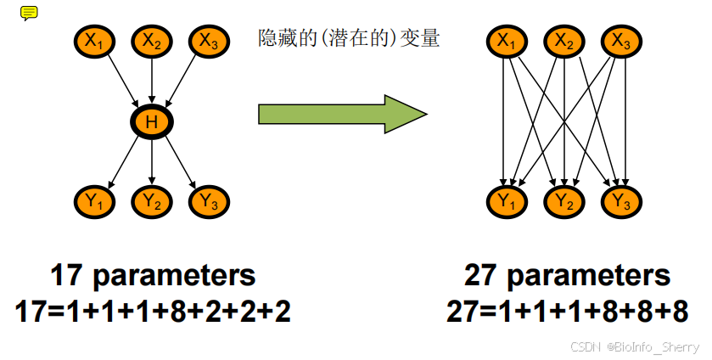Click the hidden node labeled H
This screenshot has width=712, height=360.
click(x=152, y=122)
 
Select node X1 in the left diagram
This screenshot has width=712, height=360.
click(x=94, y=39)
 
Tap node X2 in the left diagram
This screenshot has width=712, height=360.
click(x=152, y=39)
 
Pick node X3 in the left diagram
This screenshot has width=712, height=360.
click(x=209, y=39)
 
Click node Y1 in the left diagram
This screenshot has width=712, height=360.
click(x=94, y=201)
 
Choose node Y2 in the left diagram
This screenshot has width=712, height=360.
click(x=152, y=201)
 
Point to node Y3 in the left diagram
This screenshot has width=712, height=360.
click(x=209, y=201)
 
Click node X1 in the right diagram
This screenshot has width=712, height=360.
click(x=506, y=39)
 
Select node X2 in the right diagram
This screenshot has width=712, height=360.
click(x=564, y=39)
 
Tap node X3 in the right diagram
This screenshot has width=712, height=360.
click(x=622, y=39)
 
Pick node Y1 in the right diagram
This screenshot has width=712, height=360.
click(x=506, y=201)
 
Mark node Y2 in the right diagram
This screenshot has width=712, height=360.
click(x=564, y=201)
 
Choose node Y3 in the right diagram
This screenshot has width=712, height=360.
click(x=622, y=201)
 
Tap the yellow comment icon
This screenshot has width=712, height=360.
click(x=29, y=13)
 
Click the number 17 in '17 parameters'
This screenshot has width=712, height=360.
click(x=66, y=276)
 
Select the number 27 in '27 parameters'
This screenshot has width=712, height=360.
click(x=481, y=276)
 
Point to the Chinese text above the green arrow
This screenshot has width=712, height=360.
click(x=348, y=38)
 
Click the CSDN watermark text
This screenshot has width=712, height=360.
click(x=634, y=347)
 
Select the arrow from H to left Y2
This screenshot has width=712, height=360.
click(x=152, y=161)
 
